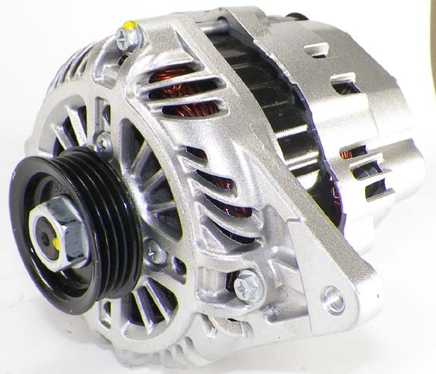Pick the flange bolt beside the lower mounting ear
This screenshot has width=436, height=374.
(247, 286)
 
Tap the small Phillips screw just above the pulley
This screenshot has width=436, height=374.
(103, 140)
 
